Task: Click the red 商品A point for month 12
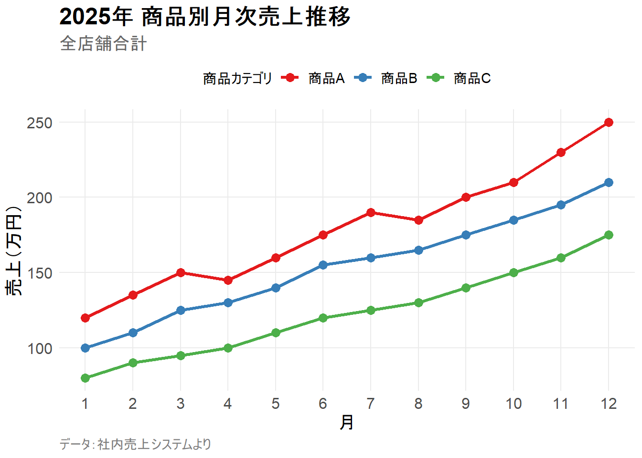[x=609, y=123]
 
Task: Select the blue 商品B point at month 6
[x=323, y=265]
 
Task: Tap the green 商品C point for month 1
[x=86, y=378]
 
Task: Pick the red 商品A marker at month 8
[x=418, y=220]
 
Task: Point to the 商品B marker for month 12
[x=609, y=183]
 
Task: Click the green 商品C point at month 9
[x=466, y=288]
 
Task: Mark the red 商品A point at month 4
[x=228, y=280]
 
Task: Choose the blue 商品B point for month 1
[x=86, y=348]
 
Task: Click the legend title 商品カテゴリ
[x=237, y=78]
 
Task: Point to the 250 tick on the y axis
[x=40, y=123]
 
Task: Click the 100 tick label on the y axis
[x=40, y=348]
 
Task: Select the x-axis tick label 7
[x=371, y=404]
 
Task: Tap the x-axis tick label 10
[x=514, y=404]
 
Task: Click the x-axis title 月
[x=347, y=423]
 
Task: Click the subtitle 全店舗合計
[x=103, y=44]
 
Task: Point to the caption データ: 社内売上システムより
[x=135, y=445]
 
